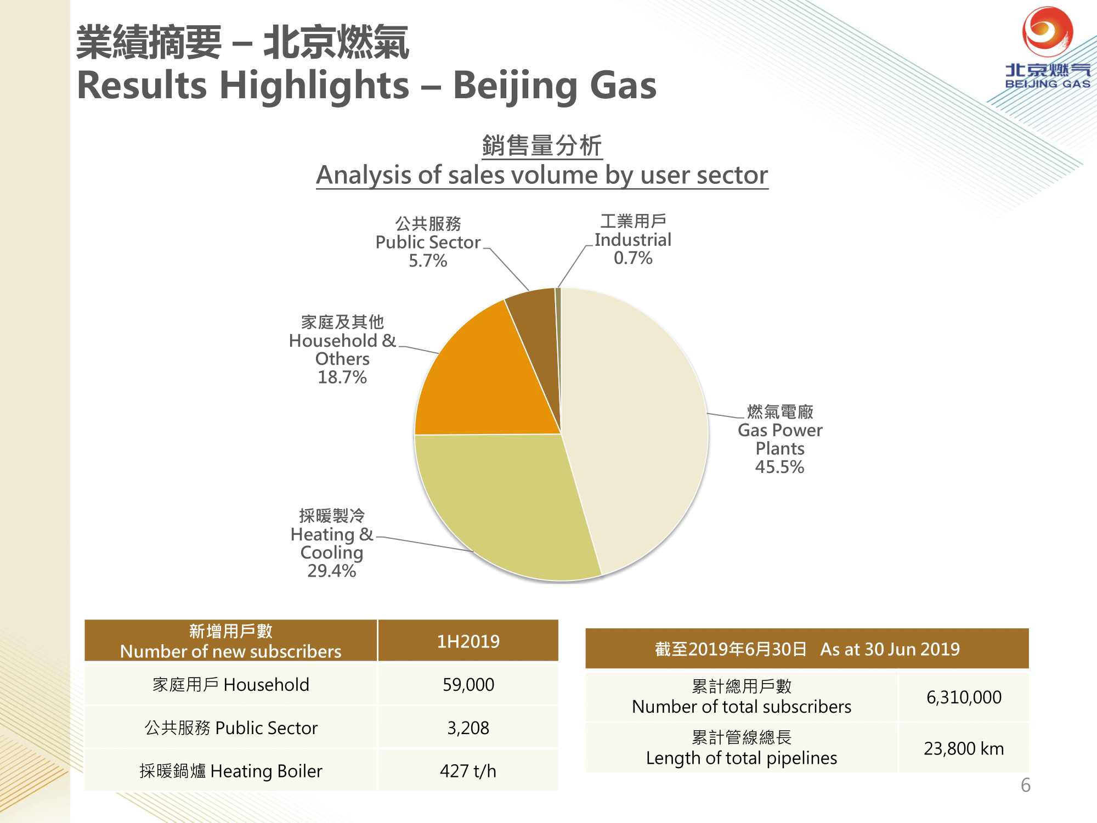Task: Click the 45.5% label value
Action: click(779, 467)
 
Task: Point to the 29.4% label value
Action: click(331, 571)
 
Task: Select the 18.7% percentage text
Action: click(342, 377)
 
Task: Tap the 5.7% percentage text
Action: click(428, 261)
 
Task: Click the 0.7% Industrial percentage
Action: click(633, 258)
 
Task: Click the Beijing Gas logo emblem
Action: click(1048, 32)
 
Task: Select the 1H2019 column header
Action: click(468, 641)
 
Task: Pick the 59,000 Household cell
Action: click(468, 684)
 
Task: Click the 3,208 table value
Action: click(468, 728)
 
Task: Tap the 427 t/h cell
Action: click(468, 771)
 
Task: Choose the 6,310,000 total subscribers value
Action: click(964, 697)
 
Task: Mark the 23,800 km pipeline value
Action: click(964, 748)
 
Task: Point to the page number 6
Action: click(1026, 785)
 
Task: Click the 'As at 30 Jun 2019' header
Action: click(890, 649)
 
